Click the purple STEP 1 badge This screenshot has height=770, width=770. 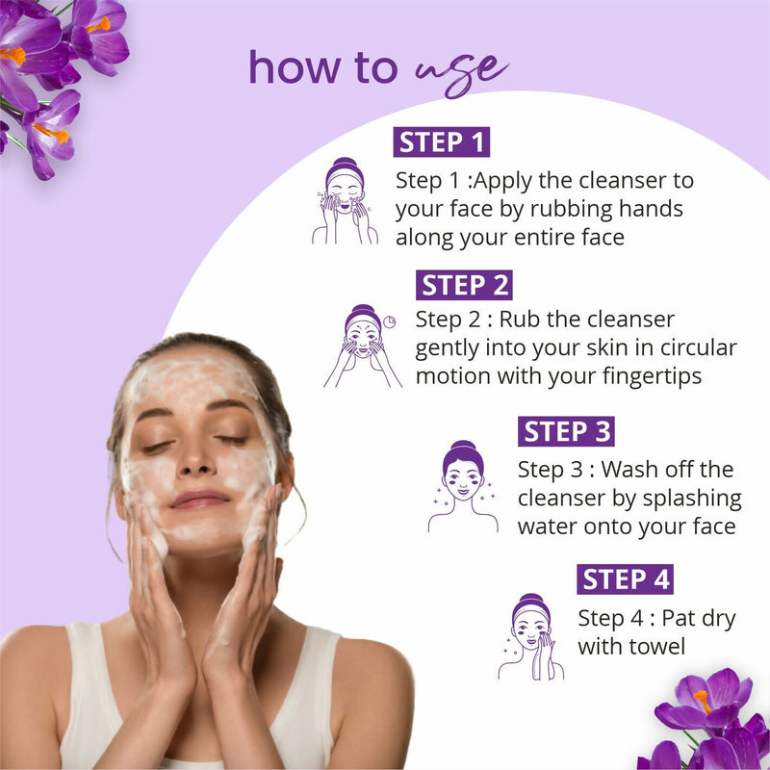(x=442, y=141)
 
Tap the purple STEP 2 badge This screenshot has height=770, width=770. (x=465, y=285)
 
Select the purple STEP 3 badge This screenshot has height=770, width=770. (x=566, y=431)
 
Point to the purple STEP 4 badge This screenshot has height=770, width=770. (x=626, y=578)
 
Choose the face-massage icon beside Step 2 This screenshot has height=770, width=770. (x=362, y=346)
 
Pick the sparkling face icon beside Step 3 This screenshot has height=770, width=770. (x=463, y=487)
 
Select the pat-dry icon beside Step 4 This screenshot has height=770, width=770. (x=530, y=635)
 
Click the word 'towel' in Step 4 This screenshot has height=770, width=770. (x=654, y=646)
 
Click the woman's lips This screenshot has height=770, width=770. (x=200, y=499)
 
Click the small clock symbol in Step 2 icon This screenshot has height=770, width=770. (x=388, y=321)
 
